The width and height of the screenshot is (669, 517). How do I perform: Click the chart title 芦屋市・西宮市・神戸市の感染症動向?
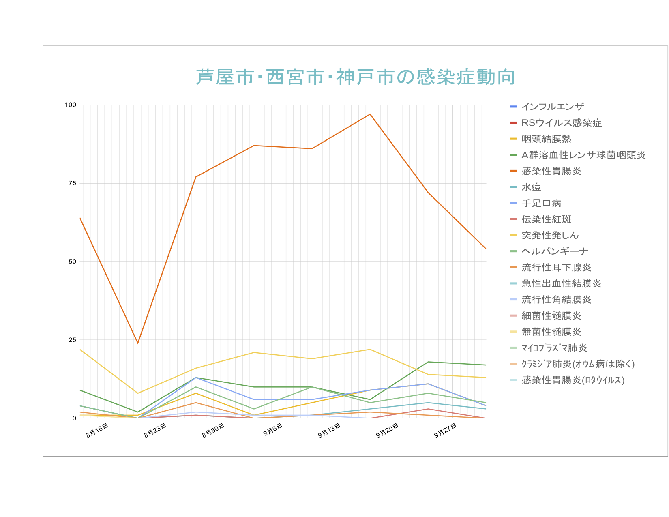(x=356, y=77)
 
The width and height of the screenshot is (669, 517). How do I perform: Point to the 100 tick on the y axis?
(x=71, y=105)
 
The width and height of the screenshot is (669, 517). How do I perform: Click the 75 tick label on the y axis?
(x=72, y=183)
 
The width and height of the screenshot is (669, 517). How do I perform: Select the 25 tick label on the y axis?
(x=72, y=340)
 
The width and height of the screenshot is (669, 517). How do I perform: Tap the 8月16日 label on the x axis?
(x=97, y=431)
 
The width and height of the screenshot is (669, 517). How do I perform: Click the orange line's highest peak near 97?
(x=370, y=114)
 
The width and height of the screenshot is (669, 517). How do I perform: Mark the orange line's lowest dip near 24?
(x=138, y=343)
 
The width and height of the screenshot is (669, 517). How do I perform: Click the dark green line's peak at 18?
(x=428, y=362)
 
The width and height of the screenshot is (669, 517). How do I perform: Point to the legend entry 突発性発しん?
(x=550, y=236)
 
